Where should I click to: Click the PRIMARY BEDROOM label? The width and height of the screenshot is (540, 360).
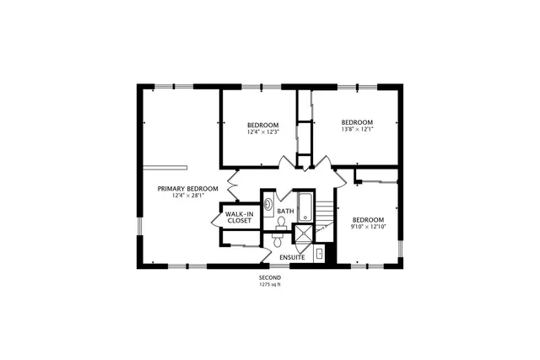pos(188,188)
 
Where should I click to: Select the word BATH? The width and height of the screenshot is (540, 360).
pos(285,211)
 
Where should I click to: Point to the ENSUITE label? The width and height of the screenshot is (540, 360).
pos(293,256)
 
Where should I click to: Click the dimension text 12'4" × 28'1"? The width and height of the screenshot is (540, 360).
pos(188,196)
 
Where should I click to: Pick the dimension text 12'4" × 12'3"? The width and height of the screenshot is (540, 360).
pos(262,132)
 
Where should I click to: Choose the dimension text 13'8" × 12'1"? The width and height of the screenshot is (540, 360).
pos(357,129)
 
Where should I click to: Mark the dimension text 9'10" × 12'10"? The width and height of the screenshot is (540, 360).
pos(369,226)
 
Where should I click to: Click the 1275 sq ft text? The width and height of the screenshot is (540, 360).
pos(270,284)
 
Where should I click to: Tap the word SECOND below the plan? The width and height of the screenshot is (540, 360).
pos(270,277)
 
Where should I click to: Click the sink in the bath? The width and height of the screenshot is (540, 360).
pos(268,204)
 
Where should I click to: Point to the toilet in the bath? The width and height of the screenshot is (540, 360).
pos(280,223)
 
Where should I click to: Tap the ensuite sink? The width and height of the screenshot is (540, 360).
pos(320,254)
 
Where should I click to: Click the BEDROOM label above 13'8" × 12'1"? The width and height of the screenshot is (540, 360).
pos(357,121)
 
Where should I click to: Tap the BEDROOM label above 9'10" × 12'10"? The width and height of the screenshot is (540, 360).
pos(369,218)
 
